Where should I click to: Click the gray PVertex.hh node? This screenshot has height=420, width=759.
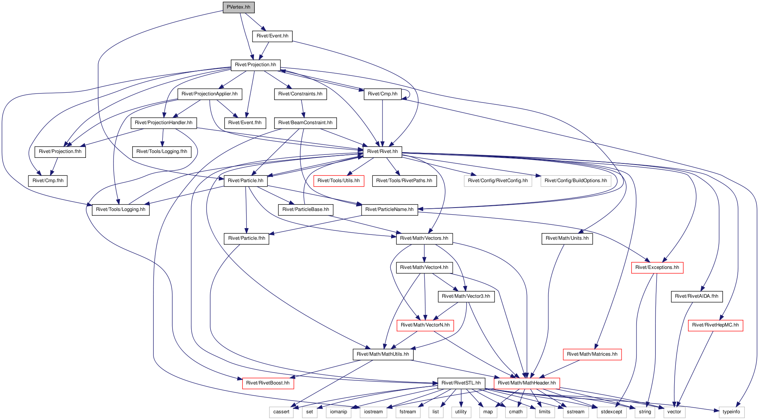pos(239,7)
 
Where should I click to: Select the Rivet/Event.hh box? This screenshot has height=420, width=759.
pos(272,36)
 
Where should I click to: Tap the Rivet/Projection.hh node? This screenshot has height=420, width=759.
pos(255,65)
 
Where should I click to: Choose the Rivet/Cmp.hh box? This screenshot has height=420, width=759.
pos(382,94)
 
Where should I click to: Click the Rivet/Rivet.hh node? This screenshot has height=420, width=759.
pos(382,151)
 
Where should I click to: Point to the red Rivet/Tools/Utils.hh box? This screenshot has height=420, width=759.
pos(338,181)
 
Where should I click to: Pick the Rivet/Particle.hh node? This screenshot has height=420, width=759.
pos(245,181)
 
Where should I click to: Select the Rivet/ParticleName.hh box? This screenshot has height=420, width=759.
pos(389,209)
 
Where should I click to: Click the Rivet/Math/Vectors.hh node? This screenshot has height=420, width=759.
pos(424,238)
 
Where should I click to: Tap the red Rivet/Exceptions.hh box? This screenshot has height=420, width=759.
pos(657,267)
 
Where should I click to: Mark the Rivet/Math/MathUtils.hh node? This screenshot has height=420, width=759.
pos(383,354)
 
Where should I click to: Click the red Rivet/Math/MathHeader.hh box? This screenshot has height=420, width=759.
pos(527,383)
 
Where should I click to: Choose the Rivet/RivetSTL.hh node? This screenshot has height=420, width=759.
pos(461,383)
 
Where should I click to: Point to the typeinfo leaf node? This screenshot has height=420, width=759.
pos(731,412)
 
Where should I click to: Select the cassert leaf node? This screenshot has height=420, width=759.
pos(281,412)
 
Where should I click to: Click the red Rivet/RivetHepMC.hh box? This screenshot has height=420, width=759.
pos(715,325)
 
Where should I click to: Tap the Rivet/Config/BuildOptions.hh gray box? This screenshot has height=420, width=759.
pos(576,181)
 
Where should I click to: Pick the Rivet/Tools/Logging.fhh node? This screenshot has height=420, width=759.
pos(162,151)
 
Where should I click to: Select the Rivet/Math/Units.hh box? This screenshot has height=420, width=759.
pos(567,238)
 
